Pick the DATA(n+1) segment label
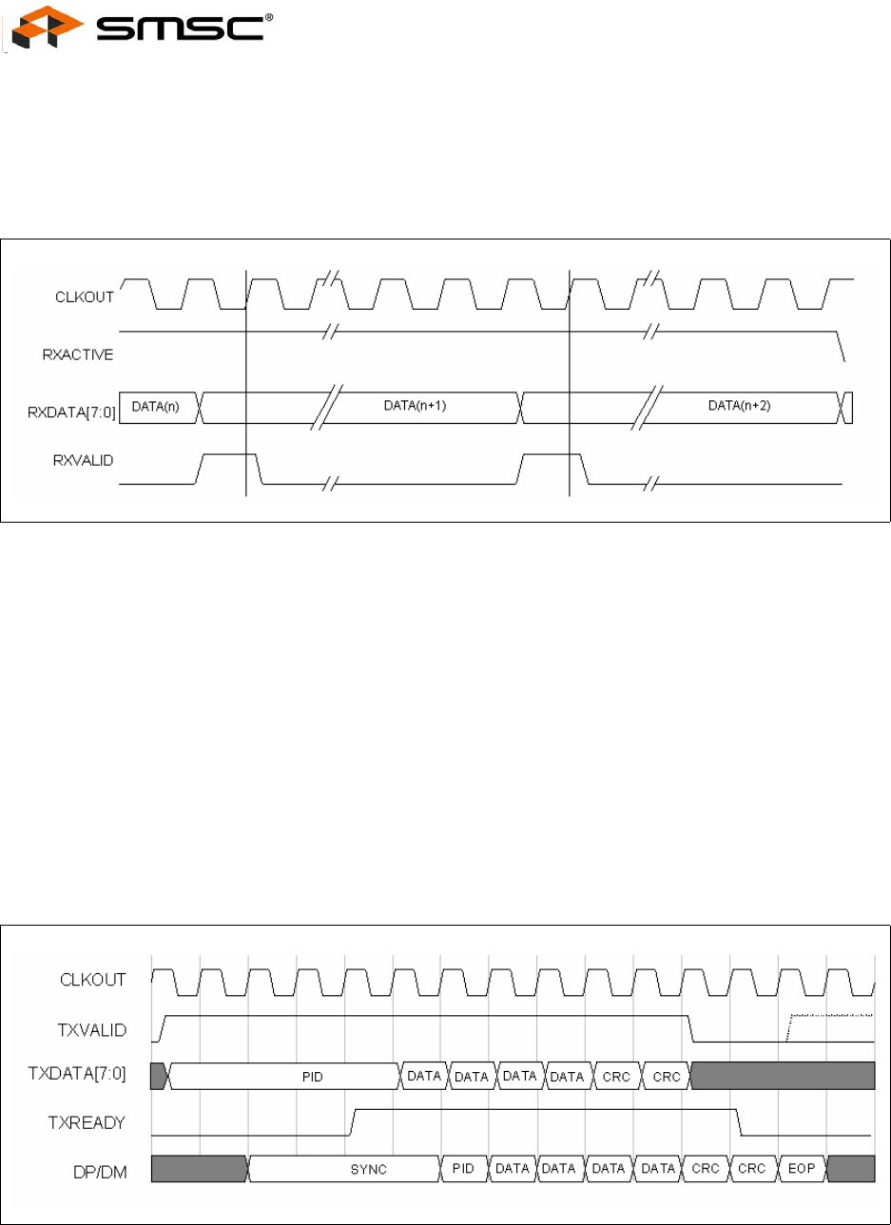point(415,405)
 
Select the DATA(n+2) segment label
point(740,405)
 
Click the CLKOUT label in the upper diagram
point(85,297)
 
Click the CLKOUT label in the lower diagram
point(93,980)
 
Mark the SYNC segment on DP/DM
point(368,1169)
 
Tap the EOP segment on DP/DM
point(802,1169)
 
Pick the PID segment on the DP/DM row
point(463,1169)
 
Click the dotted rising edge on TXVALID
point(789,1027)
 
